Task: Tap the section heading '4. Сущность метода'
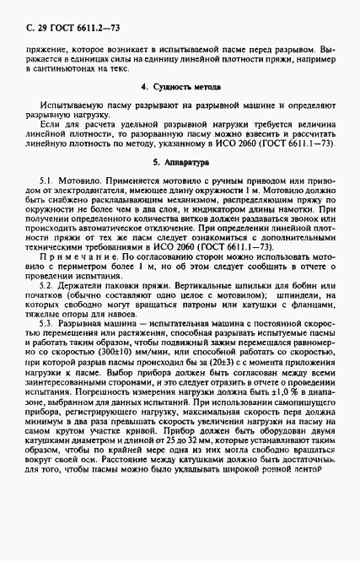(181, 87)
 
